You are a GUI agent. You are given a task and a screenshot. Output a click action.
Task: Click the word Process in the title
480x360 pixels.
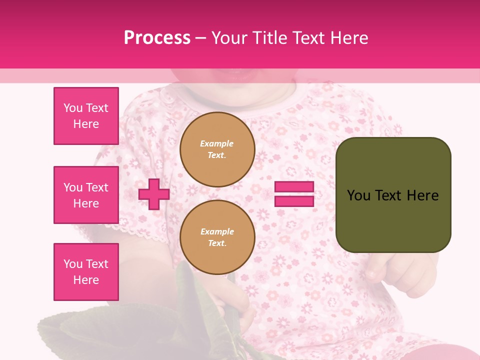pyautogui.click(x=157, y=38)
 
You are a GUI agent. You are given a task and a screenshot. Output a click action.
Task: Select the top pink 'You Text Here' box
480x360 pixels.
pyautogui.click(x=86, y=116)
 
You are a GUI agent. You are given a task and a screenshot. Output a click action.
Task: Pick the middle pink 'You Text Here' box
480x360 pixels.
pyautogui.click(x=86, y=195)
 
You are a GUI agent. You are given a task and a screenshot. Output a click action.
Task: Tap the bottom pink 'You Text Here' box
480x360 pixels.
pyautogui.click(x=86, y=271)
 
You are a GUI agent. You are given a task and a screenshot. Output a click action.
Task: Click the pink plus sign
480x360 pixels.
pyautogui.click(x=154, y=194)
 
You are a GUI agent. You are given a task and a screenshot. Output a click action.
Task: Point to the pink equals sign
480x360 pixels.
pyautogui.click(x=294, y=194)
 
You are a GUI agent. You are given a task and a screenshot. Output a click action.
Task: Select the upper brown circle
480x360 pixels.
pyautogui.click(x=217, y=149)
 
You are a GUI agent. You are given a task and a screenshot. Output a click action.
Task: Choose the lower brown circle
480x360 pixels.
pyautogui.click(x=217, y=237)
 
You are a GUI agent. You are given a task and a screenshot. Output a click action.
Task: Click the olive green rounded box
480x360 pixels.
pyautogui.click(x=393, y=195)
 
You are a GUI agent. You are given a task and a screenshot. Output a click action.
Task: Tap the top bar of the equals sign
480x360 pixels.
pyautogui.click(x=294, y=187)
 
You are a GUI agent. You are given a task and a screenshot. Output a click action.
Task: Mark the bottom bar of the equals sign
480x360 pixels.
pyautogui.click(x=294, y=201)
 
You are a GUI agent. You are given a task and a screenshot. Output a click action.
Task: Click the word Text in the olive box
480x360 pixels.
pyautogui.click(x=388, y=195)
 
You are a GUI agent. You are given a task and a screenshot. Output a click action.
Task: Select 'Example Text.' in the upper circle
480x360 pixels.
pyautogui.click(x=217, y=149)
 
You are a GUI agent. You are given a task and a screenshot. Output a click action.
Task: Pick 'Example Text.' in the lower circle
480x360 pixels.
pyautogui.click(x=217, y=237)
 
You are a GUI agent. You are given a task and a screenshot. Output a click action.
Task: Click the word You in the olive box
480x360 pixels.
pyautogui.click(x=358, y=195)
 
